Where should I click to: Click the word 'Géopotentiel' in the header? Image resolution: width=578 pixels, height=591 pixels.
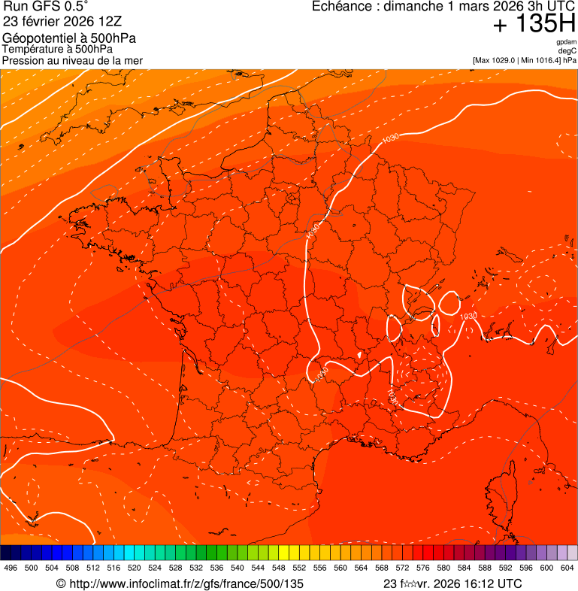[x=37, y=38]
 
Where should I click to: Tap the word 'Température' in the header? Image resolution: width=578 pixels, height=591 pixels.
[x=33, y=50]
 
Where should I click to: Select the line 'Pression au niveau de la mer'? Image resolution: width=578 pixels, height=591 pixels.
[x=72, y=60]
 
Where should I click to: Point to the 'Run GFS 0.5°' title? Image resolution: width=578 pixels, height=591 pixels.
[x=46, y=7]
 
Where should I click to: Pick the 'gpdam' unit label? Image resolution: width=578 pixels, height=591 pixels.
[x=567, y=43]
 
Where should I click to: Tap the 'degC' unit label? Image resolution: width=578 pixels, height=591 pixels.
[x=568, y=51]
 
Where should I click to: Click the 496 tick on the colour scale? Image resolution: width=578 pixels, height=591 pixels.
[x=11, y=568]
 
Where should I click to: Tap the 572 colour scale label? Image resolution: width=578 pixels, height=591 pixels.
[x=402, y=568]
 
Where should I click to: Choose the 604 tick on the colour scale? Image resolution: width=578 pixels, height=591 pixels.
[x=567, y=568]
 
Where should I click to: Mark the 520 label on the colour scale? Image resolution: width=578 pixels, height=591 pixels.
[x=135, y=568]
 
